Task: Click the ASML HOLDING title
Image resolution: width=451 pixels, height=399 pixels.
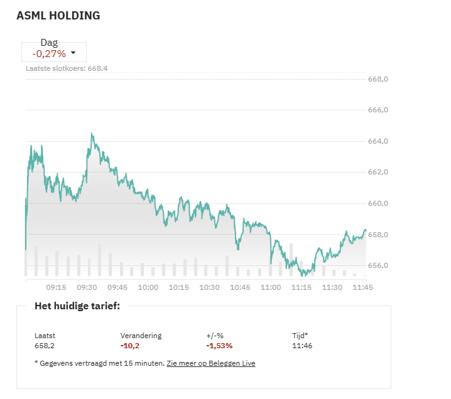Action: (x=58, y=16)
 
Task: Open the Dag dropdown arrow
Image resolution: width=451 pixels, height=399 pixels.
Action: (x=73, y=53)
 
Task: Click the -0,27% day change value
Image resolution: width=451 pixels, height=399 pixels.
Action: (x=48, y=54)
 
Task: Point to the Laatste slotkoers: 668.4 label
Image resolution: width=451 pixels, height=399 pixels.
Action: (x=67, y=68)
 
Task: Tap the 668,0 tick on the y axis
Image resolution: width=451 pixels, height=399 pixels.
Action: (x=378, y=79)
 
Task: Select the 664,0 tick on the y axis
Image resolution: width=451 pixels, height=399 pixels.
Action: (x=378, y=141)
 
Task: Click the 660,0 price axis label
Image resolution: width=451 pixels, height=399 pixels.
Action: (x=378, y=203)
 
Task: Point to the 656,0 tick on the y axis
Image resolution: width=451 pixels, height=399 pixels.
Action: (x=378, y=265)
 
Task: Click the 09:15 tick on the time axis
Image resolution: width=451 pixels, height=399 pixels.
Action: (x=56, y=287)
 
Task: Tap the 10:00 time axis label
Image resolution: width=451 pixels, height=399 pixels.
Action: (x=148, y=287)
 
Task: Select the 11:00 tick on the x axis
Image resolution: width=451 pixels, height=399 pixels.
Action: (x=271, y=287)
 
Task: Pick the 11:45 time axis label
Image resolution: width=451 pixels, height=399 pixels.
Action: (x=362, y=287)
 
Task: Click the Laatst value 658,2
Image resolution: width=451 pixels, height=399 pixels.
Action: (x=44, y=346)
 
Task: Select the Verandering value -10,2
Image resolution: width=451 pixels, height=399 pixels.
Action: (x=130, y=346)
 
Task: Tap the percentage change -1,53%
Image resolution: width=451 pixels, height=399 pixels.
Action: (x=219, y=346)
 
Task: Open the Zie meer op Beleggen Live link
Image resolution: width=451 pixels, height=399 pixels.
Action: (x=211, y=363)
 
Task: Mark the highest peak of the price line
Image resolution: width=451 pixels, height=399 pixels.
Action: (x=92, y=134)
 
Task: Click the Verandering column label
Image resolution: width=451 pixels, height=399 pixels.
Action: (x=141, y=336)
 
